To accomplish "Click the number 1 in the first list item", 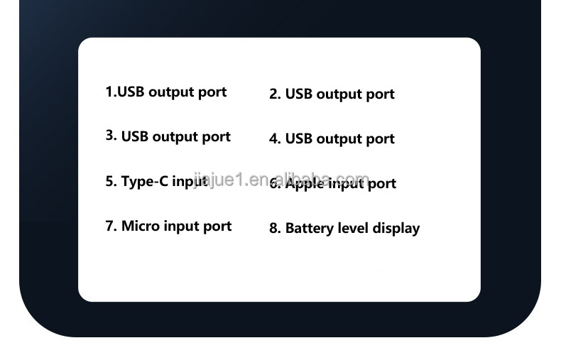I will (109, 92).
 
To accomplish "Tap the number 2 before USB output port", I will (274, 94).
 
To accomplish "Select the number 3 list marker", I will (110, 136).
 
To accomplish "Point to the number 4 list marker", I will (274, 139).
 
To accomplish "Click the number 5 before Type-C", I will (110, 181).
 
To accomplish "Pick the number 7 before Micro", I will (110, 226).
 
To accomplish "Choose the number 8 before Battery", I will (274, 229).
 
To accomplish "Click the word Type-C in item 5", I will (145, 181).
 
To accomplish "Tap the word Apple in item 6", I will (305, 183).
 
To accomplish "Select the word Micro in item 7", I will (140, 226).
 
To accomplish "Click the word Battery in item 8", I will (309, 229).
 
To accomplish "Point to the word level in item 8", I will (352, 228).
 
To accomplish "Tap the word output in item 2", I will (338, 94).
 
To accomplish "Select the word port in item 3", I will (216, 137).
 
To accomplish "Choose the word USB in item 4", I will (298, 139).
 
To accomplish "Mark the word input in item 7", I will (180, 227).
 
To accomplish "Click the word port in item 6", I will (381, 184).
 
